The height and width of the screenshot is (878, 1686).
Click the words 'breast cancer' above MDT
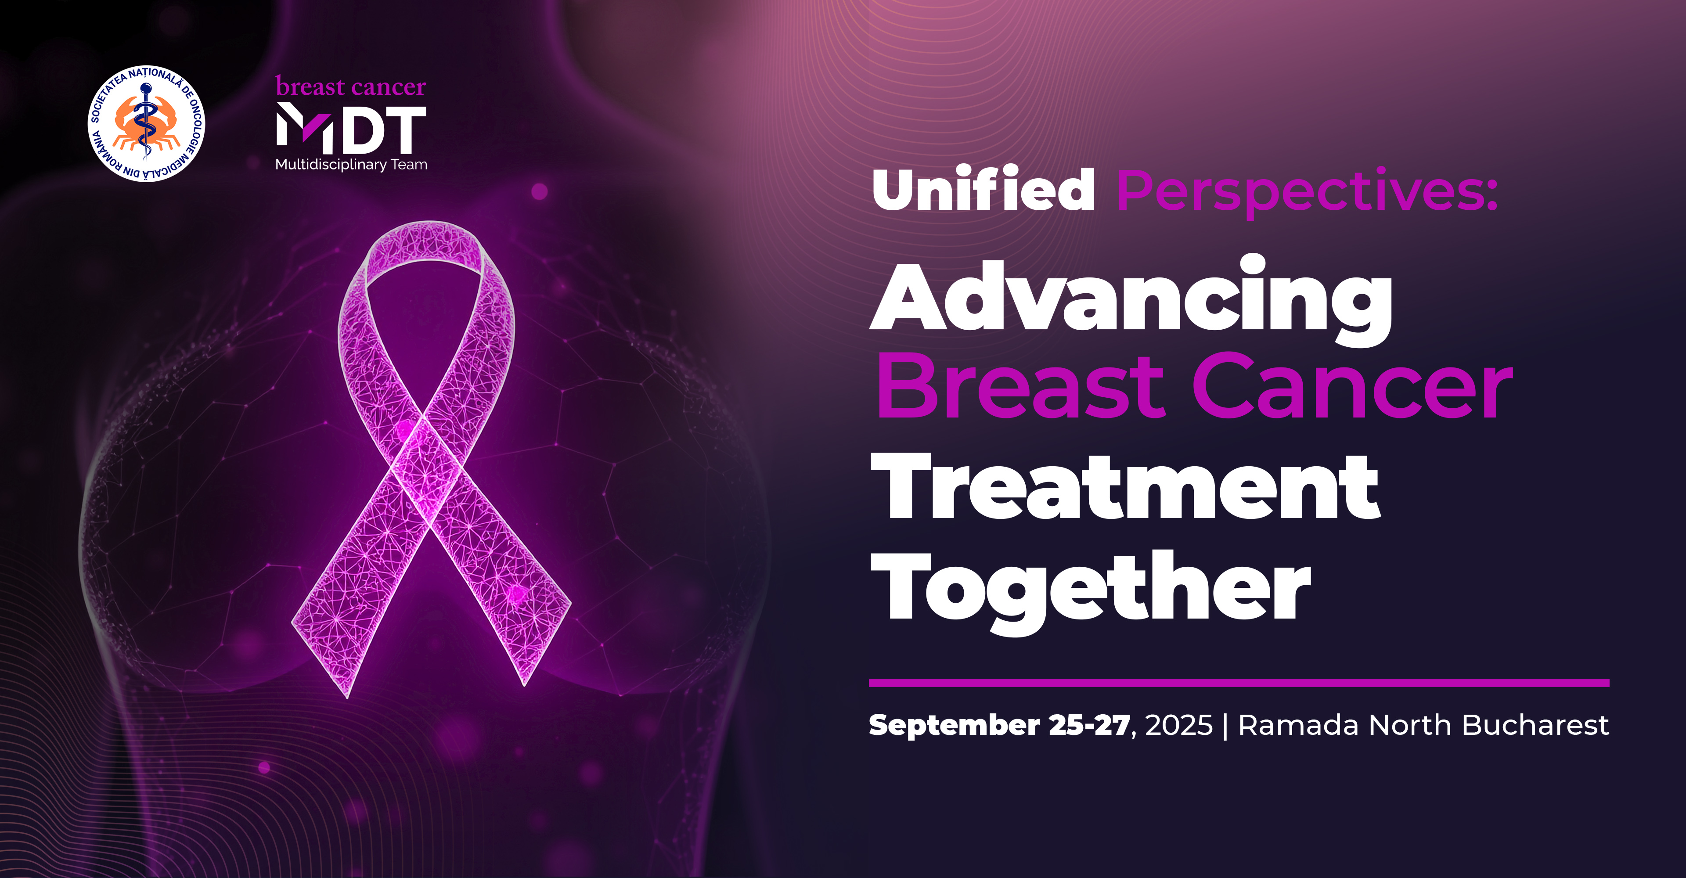click(x=351, y=86)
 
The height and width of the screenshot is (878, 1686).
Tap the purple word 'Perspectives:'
click(x=1308, y=192)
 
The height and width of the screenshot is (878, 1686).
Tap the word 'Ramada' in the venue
click(x=1298, y=725)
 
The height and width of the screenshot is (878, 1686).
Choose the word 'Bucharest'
click(x=1535, y=725)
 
